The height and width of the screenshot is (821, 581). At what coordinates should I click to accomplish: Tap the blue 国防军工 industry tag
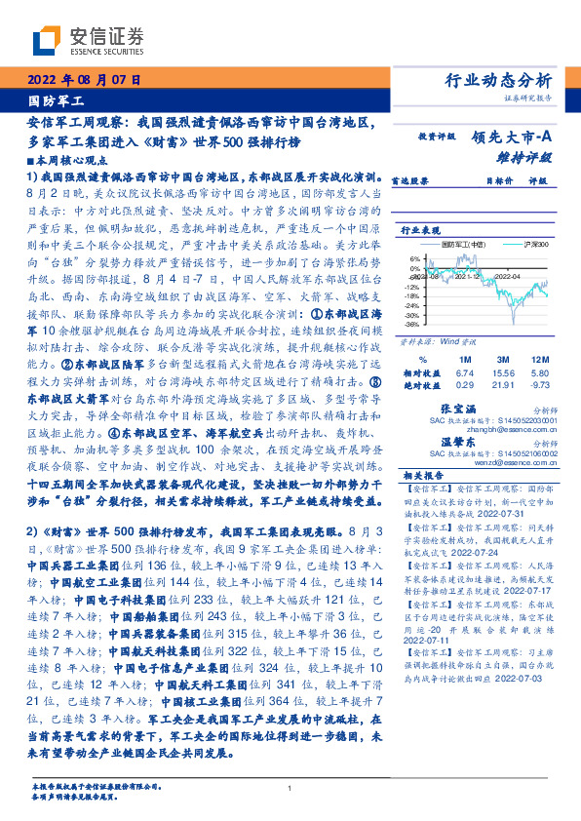(x=58, y=100)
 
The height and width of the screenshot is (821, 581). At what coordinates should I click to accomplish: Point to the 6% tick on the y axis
(x=415, y=259)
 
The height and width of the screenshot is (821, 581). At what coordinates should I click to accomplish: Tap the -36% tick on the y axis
(x=413, y=324)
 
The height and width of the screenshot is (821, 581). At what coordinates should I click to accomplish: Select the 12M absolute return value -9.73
(x=539, y=386)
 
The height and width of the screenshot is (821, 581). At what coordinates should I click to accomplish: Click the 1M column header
(x=465, y=360)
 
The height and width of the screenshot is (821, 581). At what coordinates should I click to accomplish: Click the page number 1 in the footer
(x=290, y=789)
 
